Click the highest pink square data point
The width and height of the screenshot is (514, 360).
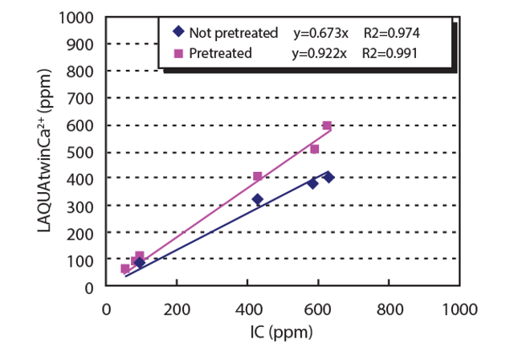pos(327,125)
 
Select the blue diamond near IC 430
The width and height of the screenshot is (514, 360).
pos(258,199)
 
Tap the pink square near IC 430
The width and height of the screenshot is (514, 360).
pos(258,176)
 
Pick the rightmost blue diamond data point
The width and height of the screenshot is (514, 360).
pos(328,177)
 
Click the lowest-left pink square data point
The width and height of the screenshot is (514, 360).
pos(125,268)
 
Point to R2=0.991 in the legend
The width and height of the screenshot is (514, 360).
pos(391,54)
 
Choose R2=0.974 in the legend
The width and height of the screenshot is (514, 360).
pos(391,33)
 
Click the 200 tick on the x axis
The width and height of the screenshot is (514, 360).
pos(176,307)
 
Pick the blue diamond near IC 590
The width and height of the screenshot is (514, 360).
pos(312,183)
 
